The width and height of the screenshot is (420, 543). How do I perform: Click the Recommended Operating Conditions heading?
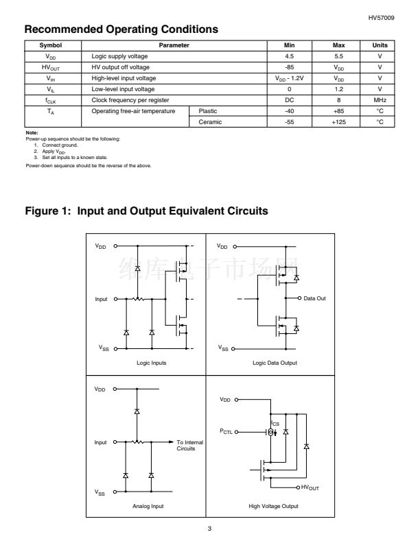[x=121, y=29]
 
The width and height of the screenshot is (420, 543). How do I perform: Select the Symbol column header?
[x=51, y=45]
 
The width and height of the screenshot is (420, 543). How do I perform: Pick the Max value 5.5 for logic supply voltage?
[x=338, y=56]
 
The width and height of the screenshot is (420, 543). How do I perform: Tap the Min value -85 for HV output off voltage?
[x=289, y=67]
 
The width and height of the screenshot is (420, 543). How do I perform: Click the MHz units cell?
[x=380, y=100]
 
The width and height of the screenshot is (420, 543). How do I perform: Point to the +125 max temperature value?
[x=338, y=121]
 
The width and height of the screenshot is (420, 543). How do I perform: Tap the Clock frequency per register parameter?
[x=129, y=100]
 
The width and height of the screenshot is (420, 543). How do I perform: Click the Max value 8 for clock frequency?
[x=338, y=100]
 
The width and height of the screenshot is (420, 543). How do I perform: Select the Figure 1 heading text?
[x=145, y=211]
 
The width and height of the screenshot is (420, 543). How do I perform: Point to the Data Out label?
[x=314, y=298]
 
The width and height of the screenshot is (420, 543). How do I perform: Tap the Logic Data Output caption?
[x=275, y=363]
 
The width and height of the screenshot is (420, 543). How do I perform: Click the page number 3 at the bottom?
[x=210, y=529]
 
